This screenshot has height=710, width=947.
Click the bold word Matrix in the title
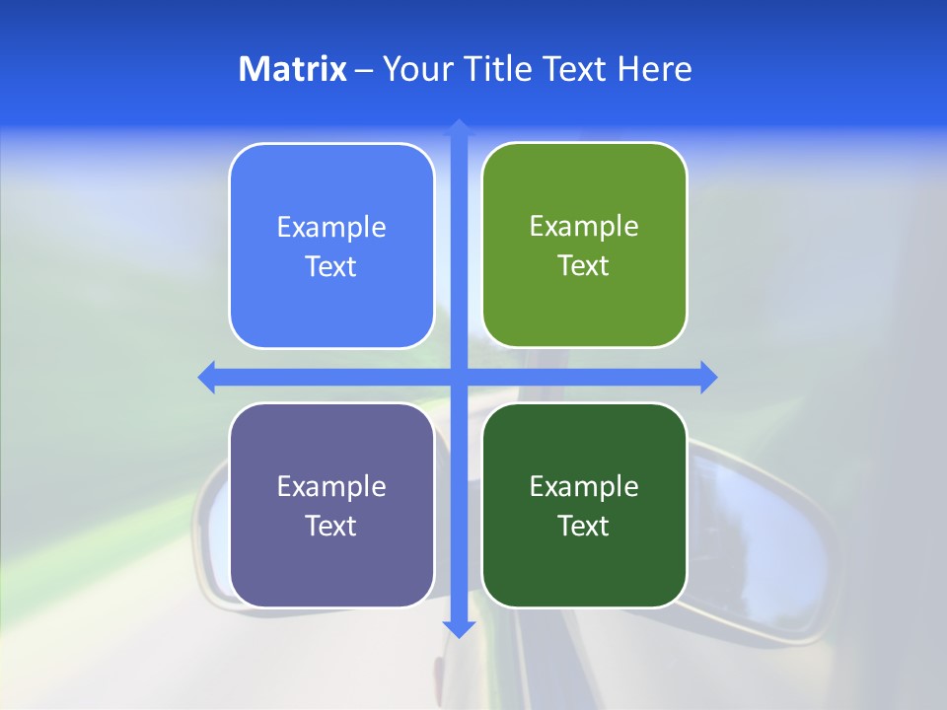[x=293, y=69]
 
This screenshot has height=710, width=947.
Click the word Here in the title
[x=655, y=69]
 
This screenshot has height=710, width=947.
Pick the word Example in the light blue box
[x=331, y=228]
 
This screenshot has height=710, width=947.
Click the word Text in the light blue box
[x=331, y=267]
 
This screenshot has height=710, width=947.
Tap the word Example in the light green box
[x=584, y=227]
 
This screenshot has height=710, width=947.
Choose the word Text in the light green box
[x=584, y=266]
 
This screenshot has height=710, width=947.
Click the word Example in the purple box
[x=331, y=487]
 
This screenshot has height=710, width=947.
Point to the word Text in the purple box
[x=331, y=527]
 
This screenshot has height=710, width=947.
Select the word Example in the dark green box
[x=584, y=487]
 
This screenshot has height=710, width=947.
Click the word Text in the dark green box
[x=584, y=527]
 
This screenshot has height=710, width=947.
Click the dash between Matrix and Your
[x=364, y=70]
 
